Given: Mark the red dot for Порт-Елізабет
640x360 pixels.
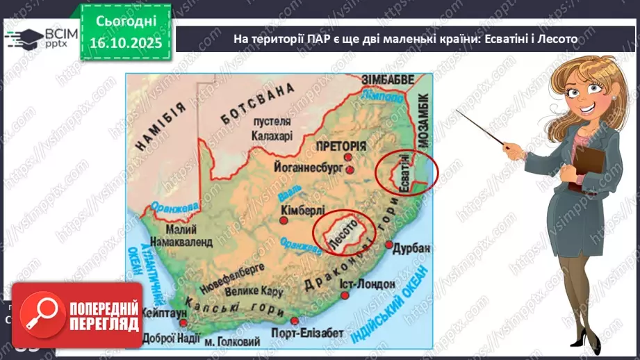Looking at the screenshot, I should coord(295,321).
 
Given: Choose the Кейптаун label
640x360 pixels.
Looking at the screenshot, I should coord(164,313).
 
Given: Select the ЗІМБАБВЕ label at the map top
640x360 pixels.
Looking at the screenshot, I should coord(388,79).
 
